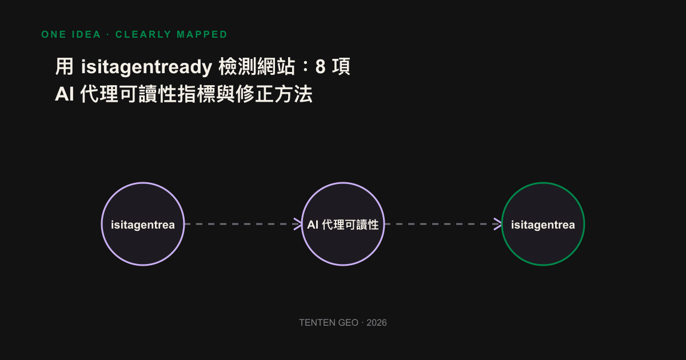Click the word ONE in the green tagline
click(x=54, y=35)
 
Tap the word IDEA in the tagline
click(x=86, y=35)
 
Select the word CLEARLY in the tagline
click(x=143, y=35)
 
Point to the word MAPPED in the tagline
click(x=202, y=35)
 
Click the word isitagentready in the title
click(x=146, y=67)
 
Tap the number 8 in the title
click(x=320, y=67)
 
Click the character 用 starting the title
click(x=64, y=66)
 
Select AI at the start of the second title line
click(x=64, y=94)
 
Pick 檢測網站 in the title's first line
click(x=257, y=66)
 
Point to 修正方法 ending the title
click(x=274, y=94)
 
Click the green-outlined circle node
click(x=543, y=183)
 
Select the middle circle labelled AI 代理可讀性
click(x=343, y=183)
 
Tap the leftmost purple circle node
click(x=143, y=183)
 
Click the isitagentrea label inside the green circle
click(x=543, y=225)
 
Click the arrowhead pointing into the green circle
click(x=498, y=224)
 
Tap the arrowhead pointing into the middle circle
click(x=298, y=224)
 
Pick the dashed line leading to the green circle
click(x=443, y=224)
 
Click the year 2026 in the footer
click(x=377, y=323)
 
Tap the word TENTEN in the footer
click(x=313, y=323)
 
